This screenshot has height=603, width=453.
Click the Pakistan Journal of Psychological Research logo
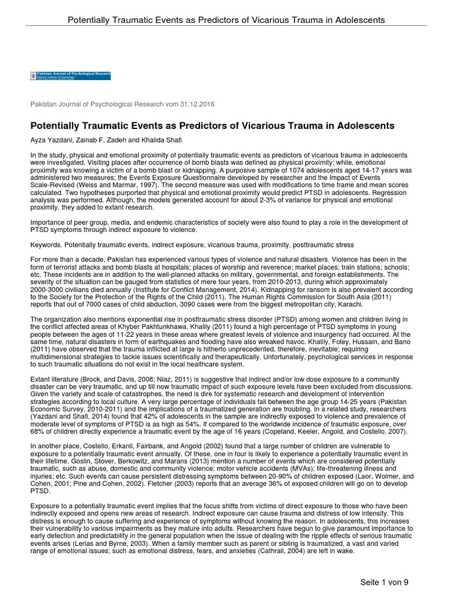70,76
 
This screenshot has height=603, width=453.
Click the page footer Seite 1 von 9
385,582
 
